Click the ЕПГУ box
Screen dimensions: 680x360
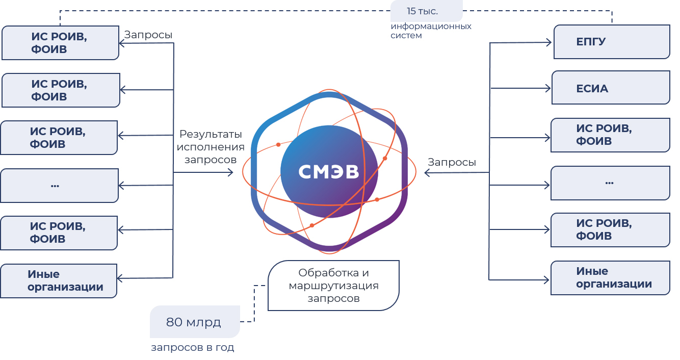[x=612, y=42]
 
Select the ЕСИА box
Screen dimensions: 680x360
[x=611, y=88]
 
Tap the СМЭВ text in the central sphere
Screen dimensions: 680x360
[x=329, y=172]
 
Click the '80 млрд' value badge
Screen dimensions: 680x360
[x=195, y=322]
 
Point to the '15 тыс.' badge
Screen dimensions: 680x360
[x=427, y=11]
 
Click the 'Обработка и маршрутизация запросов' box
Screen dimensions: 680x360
[x=333, y=286]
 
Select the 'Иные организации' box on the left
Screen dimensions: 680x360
[x=59, y=281]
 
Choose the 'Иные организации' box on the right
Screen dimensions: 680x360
[x=611, y=278]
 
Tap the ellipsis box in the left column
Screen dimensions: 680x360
[x=59, y=185]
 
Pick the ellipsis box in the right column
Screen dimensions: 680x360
[x=611, y=183]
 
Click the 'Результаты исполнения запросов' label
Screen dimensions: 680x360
[x=211, y=147]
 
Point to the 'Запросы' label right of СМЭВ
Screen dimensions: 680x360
[x=452, y=162]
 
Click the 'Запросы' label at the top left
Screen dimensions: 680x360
[x=148, y=35]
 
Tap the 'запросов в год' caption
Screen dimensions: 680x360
[x=193, y=347]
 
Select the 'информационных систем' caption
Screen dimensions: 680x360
[x=431, y=31]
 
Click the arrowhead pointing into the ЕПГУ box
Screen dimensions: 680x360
[x=549, y=42]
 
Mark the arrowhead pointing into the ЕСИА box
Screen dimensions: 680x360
[x=548, y=88]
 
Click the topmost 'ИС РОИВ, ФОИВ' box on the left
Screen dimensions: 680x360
[x=61, y=43]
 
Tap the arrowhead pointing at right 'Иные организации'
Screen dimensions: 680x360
[x=546, y=280]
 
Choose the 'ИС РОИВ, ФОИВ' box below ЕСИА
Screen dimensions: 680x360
[x=611, y=135]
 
